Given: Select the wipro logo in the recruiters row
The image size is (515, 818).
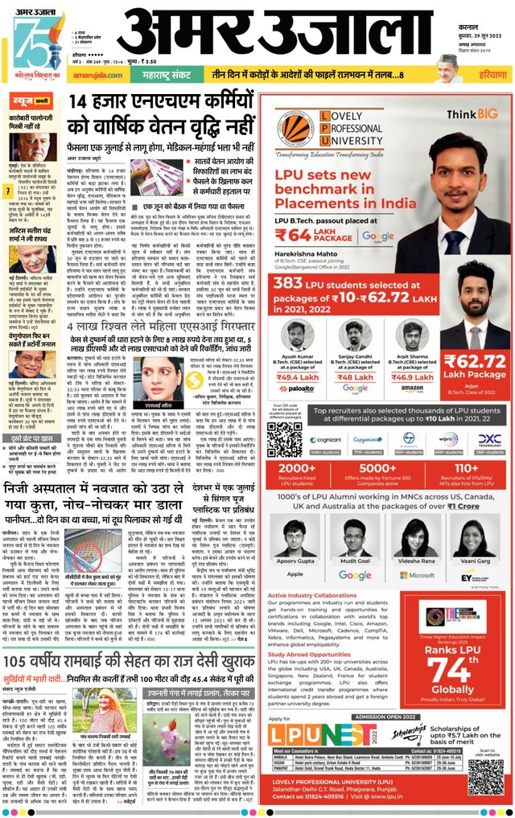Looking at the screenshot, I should (x=449, y=440).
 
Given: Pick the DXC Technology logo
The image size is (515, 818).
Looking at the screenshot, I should (x=488, y=440).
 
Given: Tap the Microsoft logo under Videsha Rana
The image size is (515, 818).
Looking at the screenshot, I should (x=416, y=575).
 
